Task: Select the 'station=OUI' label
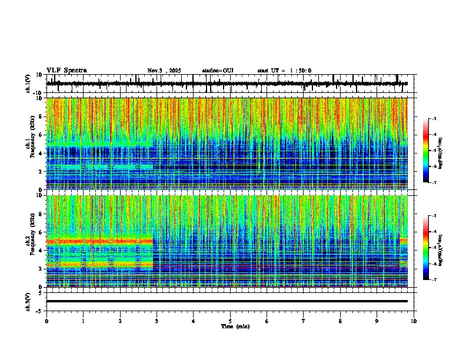218,71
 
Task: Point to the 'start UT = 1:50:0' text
284,71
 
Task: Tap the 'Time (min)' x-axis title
235,326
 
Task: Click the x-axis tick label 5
230,321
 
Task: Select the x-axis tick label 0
46,321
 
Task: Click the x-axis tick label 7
304,321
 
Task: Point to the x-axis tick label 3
157,321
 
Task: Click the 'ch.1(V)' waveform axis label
28,84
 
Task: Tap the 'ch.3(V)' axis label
28,301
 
